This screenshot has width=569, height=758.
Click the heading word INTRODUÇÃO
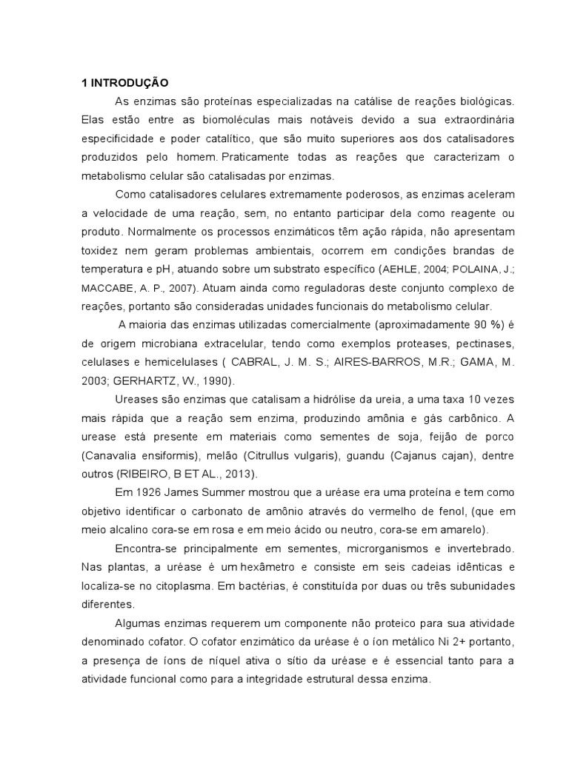pos(130,81)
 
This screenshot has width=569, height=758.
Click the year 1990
pos(214,380)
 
